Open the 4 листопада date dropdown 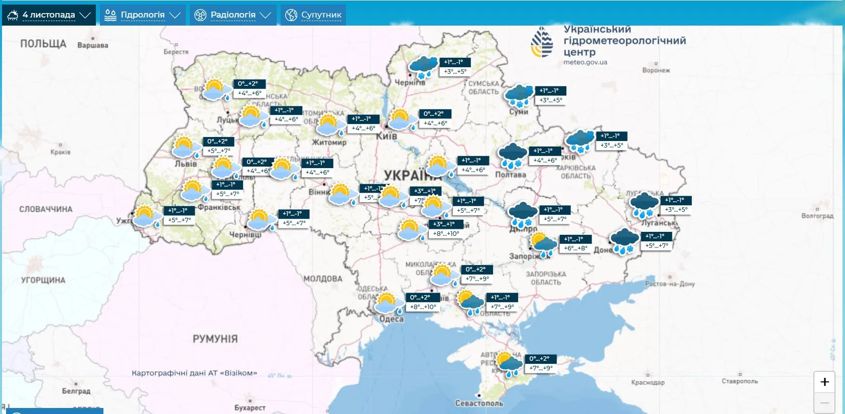[x=49, y=15]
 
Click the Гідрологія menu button [x=143, y=15]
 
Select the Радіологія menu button [x=233, y=15]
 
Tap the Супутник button [x=314, y=15]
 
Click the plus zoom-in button [x=824, y=382]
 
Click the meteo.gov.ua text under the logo [x=585, y=63]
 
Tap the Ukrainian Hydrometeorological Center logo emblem [x=542, y=43]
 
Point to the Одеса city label [x=391, y=319]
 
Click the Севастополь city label [x=479, y=403]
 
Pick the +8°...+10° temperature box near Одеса [x=423, y=307]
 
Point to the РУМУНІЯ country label [x=215, y=339]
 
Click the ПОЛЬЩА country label [x=43, y=44]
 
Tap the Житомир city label [x=329, y=143]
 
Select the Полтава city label [x=511, y=175]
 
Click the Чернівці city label [x=245, y=235]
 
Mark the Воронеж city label [x=656, y=70]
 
